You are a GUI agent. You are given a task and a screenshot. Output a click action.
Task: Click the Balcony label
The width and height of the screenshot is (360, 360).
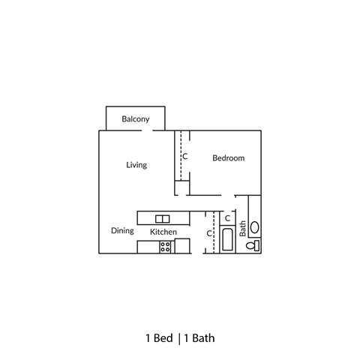136,119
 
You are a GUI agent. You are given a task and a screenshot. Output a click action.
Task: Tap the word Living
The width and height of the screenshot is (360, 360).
136,165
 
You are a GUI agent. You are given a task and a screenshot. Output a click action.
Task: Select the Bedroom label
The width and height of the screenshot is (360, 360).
228,158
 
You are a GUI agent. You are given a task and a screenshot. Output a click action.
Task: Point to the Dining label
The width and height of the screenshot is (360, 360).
122,231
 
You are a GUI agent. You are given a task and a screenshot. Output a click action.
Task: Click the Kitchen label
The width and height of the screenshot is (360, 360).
163,232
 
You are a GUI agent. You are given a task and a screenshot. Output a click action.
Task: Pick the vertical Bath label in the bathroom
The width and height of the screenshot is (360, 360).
242,228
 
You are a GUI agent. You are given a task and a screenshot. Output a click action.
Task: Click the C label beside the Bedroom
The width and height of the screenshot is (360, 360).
184,157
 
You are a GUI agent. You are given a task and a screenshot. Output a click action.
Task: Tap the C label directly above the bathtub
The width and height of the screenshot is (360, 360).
227,218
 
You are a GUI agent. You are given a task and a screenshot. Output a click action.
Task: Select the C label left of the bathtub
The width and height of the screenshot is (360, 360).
209,233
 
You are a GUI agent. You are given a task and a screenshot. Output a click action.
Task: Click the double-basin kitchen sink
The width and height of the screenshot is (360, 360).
163,218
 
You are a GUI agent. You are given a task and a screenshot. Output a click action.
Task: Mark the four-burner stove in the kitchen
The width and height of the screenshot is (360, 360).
165,246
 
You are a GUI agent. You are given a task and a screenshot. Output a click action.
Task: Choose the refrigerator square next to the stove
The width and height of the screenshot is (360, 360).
181,246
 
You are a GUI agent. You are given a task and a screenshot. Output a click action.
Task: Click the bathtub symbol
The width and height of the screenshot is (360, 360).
227,241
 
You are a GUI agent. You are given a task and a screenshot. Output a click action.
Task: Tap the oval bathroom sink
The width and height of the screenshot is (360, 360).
254,226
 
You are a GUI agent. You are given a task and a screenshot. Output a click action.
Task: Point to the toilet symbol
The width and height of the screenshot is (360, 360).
254,245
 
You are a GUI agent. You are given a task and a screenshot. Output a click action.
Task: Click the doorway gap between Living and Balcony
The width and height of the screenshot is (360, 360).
159,130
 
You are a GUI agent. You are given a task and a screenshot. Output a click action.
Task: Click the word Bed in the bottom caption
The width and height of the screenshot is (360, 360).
163,337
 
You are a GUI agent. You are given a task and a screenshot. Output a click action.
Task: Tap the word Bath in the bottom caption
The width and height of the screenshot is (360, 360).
203,337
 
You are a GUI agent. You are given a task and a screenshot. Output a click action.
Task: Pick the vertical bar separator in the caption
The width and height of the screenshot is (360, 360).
178,337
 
